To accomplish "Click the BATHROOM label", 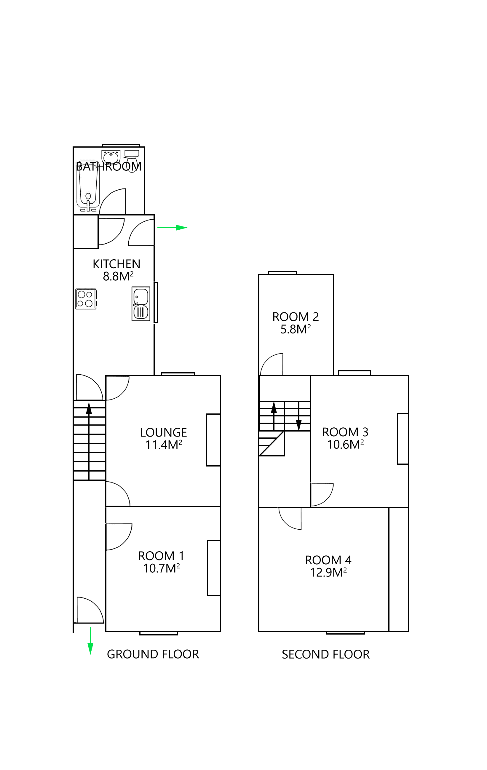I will pos(109,167).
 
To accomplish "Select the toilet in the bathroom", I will pos(132,160).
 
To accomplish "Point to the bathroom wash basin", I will pos(111,156).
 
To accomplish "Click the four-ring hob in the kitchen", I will pos(86,299).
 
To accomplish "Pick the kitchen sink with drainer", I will pos(141,304).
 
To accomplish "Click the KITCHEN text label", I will pos(116,264).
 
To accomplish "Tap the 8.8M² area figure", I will pos(118,276).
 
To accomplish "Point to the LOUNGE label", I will pos(163,433).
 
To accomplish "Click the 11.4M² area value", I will pos(164,445).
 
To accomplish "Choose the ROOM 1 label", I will pos(161,556).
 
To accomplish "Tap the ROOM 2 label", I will pos(296,317).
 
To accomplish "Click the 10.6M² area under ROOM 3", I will pos(345,445).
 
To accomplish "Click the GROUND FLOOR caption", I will pos(153,654).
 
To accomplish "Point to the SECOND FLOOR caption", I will pos(325,654).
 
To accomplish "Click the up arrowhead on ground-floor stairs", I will pos(89,408).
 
